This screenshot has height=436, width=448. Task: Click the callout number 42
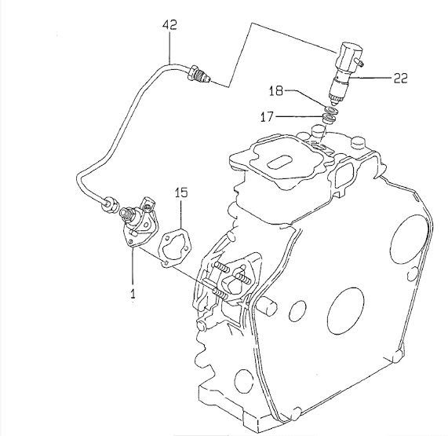click(169, 25)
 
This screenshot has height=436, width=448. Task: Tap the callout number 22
click(400, 78)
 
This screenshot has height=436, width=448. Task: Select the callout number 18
click(275, 91)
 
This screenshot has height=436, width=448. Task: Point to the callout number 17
click(267, 117)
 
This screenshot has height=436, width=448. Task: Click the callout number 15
click(181, 192)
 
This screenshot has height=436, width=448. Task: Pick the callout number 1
click(133, 294)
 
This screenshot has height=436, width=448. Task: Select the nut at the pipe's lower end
click(108, 204)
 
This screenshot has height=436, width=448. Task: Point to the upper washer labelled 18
click(331, 110)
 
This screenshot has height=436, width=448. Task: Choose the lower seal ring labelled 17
click(329, 119)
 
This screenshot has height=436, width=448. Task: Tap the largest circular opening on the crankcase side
click(345, 310)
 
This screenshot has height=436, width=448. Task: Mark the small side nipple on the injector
click(359, 61)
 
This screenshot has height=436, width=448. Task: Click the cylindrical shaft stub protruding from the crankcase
click(266, 307)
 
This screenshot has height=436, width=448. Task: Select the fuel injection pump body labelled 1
click(139, 223)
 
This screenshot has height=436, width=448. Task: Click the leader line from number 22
click(370, 78)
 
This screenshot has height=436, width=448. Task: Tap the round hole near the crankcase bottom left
click(244, 379)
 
